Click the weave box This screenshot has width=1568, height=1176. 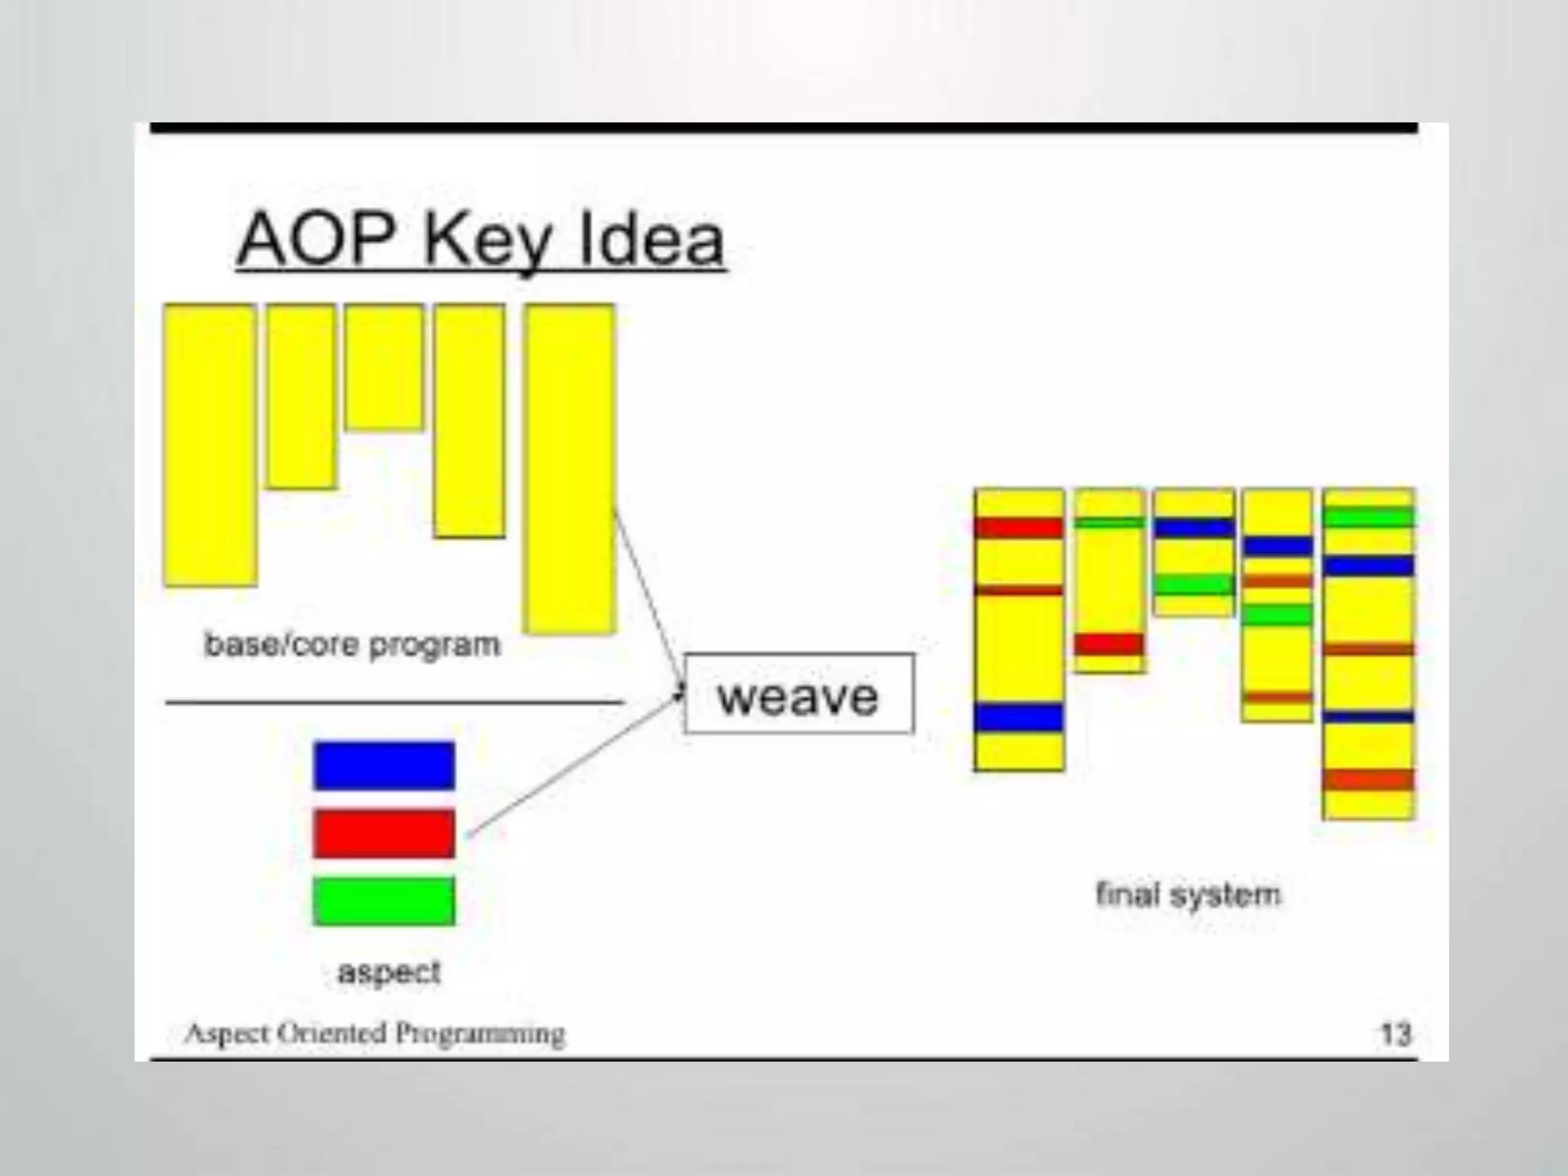(x=799, y=694)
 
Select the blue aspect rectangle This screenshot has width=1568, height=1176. (x=384, y=765)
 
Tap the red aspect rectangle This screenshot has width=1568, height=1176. (x=384, y=833)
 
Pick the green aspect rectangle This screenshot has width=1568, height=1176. (x=384, y=901)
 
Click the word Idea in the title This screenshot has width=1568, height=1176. (x=651, y=240)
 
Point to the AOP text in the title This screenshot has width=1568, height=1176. (x=322, y=240)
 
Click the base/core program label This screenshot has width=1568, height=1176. (x=352, y=645)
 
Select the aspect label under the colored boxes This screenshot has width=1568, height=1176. (x=389, y=972)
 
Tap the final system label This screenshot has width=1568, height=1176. (x=1187, y=894)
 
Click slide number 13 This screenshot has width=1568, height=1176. (x=1395, y=1034)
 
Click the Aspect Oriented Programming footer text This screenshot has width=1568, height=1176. (x=375, y=1034)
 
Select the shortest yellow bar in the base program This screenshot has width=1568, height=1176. (x=384, y=367)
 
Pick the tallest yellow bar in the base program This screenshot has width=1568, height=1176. (x=570, y=469)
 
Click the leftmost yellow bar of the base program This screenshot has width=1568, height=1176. (x=210, y=446)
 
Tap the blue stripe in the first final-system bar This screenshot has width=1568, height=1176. (x=1019, y=718)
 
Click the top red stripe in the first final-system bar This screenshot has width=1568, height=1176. (x=1019, y=528)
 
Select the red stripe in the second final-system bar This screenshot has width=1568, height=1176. (x=1109, y=644)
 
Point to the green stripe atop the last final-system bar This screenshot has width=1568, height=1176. (x=1368, y=517)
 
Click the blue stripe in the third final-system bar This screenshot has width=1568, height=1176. (x=1194, y=528)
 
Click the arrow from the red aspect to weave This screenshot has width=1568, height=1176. (x=574, y=766)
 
